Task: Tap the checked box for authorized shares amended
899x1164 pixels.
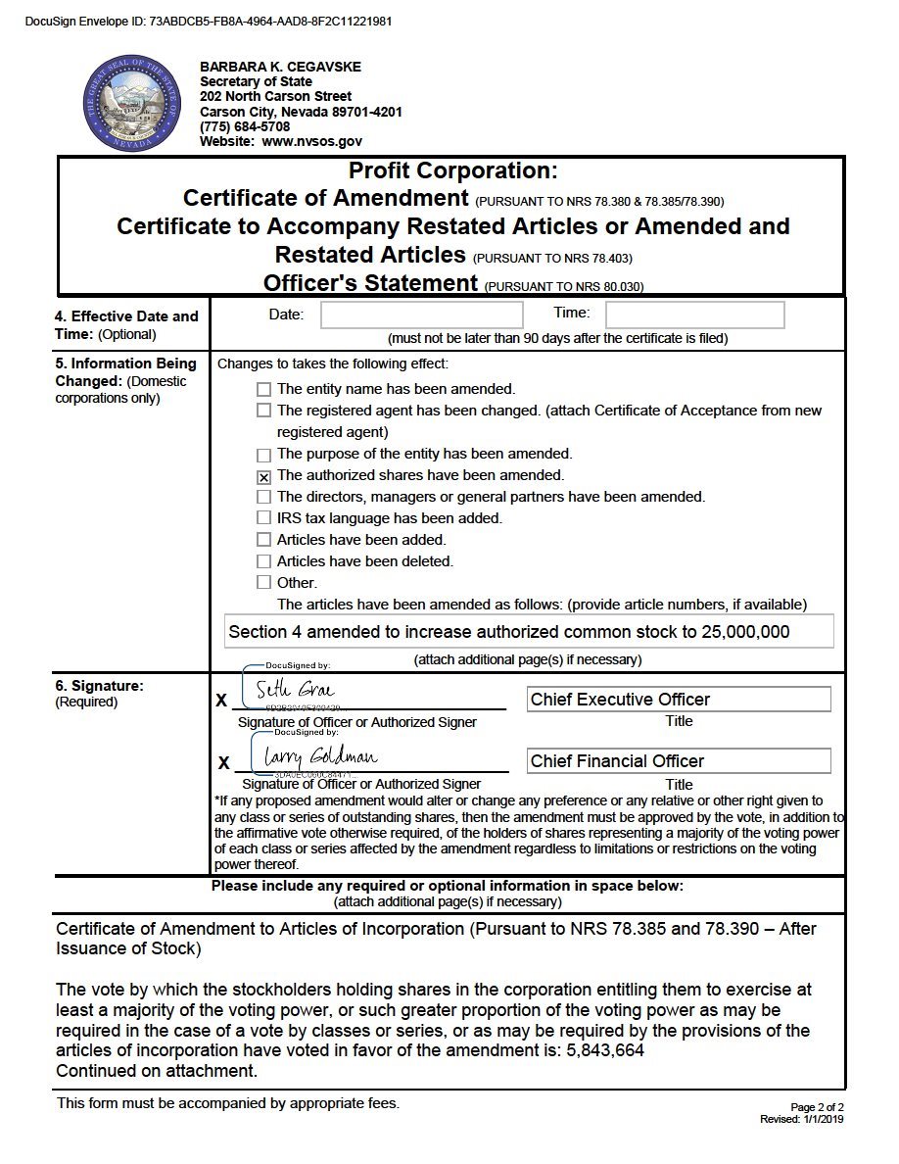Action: tap(263, 477)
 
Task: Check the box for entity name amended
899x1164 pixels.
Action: tap(263, 389)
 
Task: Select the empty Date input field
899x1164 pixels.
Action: tap(422, 315)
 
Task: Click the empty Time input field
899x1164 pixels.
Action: tap(694, 315)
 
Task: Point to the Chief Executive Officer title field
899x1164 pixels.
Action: tap(679, 700)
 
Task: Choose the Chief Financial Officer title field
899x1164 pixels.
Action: tap(679, 761)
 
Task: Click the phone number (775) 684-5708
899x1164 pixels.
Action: tap(245, 126)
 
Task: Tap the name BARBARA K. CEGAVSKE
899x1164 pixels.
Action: tap(280, 67)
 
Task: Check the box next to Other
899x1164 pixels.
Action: tap(263, 582)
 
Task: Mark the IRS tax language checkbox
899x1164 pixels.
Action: tap(263, 517)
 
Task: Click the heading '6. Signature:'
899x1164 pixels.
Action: tap(99, 686)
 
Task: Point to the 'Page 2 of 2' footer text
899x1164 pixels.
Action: tap(817, 1107)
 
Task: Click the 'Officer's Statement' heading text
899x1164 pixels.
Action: tap(370, 283)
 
